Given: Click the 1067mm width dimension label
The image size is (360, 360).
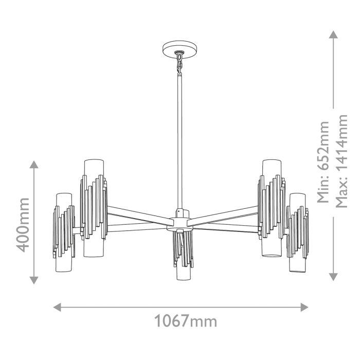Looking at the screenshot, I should click(186, 321).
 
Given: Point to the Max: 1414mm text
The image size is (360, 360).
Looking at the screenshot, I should click(341, 160).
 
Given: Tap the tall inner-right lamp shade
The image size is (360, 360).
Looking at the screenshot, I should click(269, 208).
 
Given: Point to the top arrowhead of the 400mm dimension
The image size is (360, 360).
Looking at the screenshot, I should click(34, 165).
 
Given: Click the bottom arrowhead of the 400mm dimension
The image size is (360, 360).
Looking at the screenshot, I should click(34, 280).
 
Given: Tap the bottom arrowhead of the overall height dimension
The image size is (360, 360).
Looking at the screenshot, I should click(333, 277).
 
